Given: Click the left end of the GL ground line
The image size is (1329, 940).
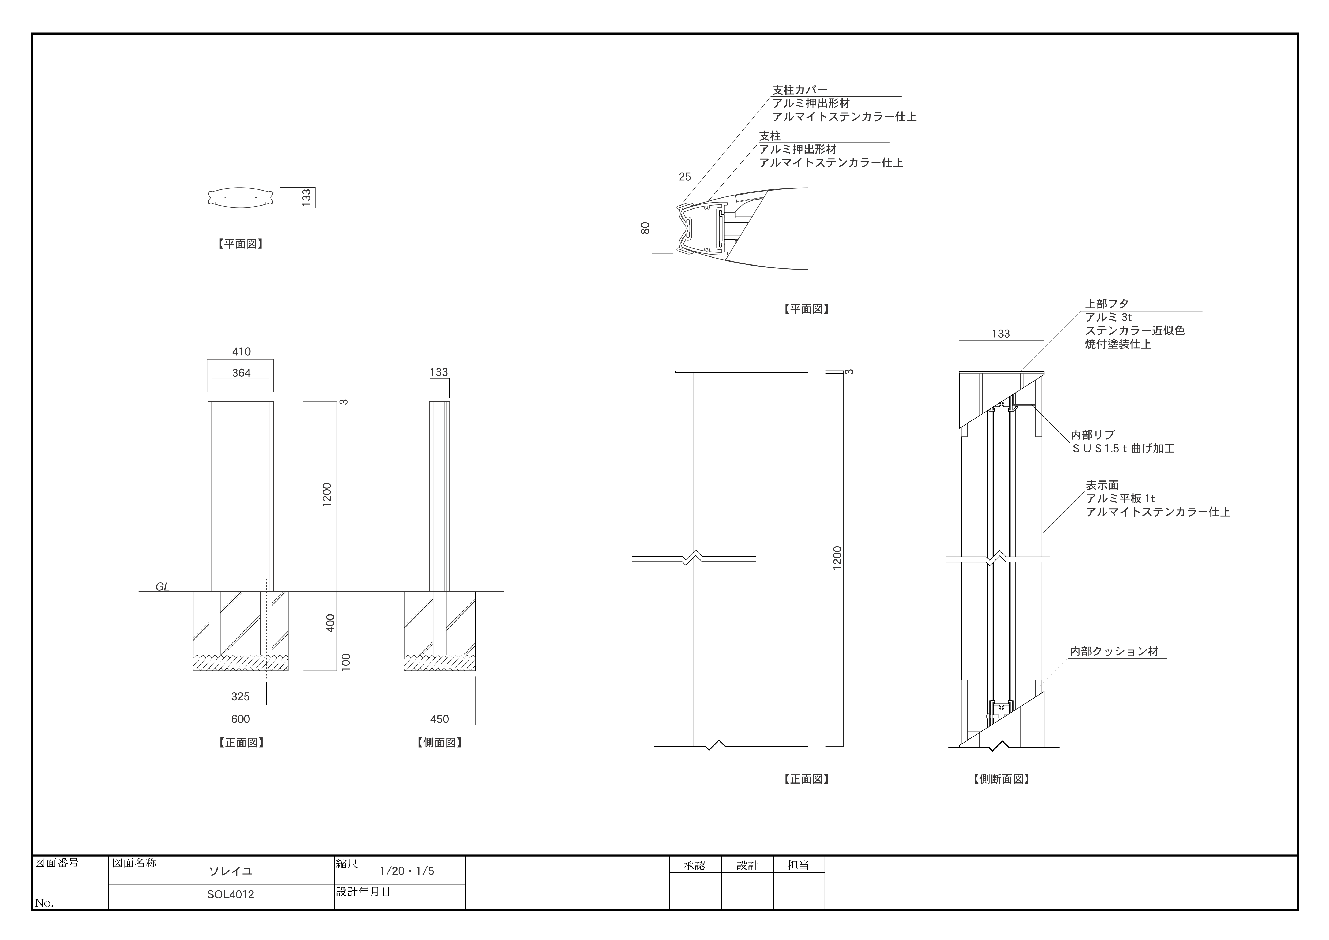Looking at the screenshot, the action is [x=139, y=592].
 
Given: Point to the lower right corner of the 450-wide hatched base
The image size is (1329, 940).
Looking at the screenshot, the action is [x=475, y=671].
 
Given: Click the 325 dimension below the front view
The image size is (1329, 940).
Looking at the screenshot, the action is [x=240, y=696].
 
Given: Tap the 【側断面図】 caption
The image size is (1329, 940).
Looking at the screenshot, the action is [x=1001, y=779].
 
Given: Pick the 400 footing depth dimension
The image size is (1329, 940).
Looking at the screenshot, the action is [x=330, y=623].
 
